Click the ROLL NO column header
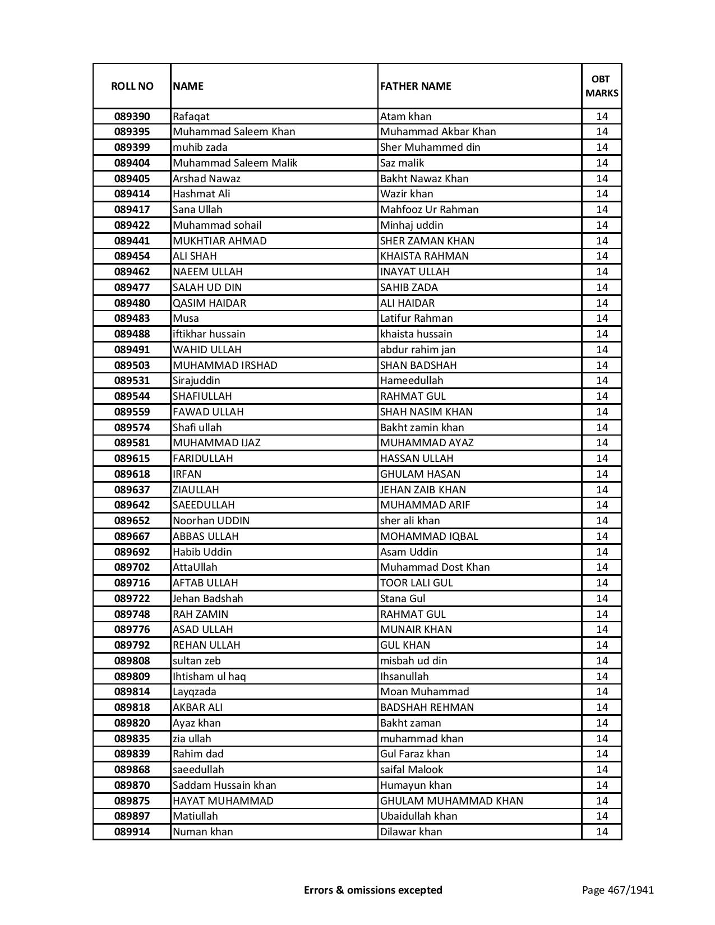point(132,86)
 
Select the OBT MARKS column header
point(602,86)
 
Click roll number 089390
point(132,117)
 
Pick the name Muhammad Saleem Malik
point(235,163)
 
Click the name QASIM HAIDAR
point(209,303)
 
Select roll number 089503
point(132,366)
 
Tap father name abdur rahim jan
point(418,350)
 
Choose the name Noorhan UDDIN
point(211,521)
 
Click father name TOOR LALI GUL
point(416,583)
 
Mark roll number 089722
point(132,599)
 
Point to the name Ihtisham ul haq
point(209,677)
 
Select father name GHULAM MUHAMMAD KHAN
point(451,801)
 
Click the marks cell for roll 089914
point(602,832)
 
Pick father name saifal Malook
point(412,770)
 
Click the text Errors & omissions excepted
point(373,890)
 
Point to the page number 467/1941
point(617,890)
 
